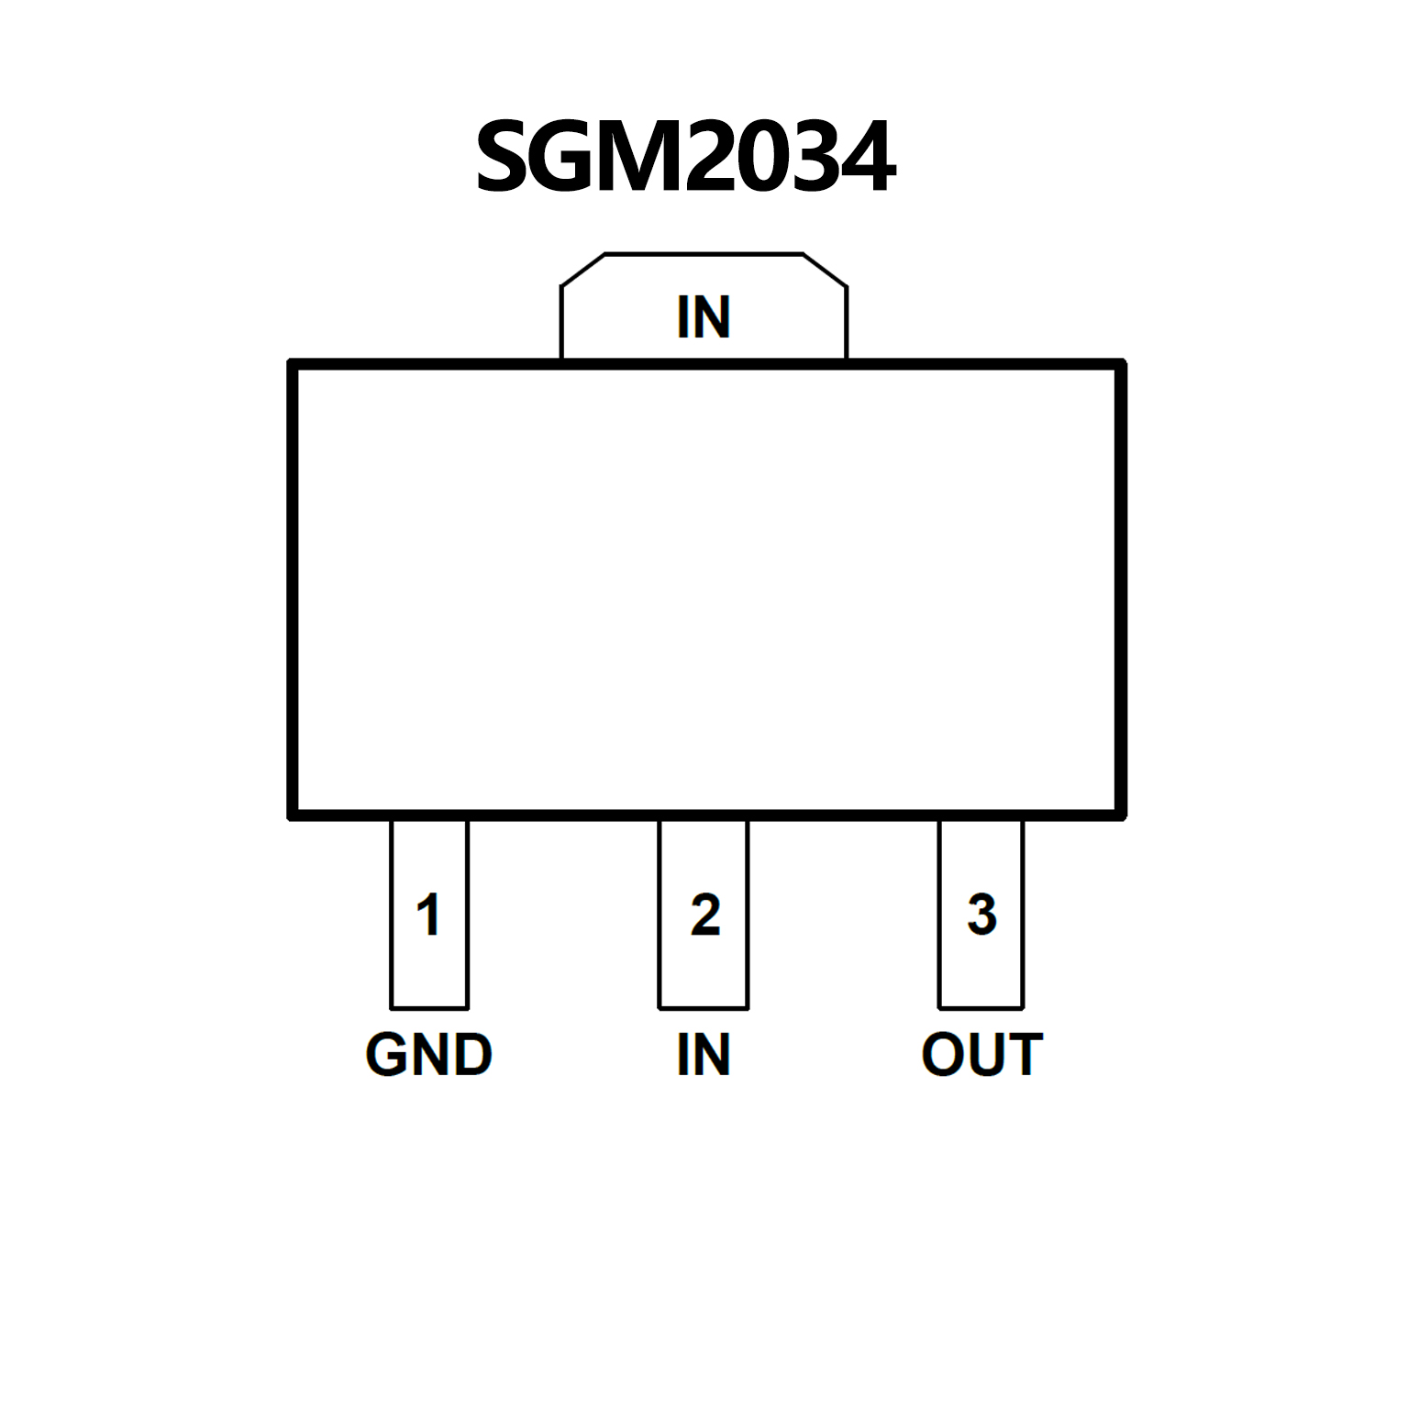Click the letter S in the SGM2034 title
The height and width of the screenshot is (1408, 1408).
[505, 157]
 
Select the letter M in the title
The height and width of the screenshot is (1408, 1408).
[643, 157]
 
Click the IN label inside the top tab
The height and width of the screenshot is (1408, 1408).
[704, 317]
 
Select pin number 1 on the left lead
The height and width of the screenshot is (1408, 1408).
[428, 915]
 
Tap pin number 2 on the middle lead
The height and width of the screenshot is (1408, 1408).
[704, 915]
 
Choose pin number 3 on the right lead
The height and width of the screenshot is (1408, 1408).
[981, 915]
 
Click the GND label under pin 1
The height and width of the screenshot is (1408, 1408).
[428, 1055]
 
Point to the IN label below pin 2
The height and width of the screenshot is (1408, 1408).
[704, 1055]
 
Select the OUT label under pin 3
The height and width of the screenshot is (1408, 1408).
[981, 1055]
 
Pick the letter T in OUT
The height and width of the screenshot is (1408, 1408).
[1024, 1055]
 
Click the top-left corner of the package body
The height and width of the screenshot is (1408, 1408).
[293, 364]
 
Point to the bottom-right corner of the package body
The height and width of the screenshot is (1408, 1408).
[1121, 815]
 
